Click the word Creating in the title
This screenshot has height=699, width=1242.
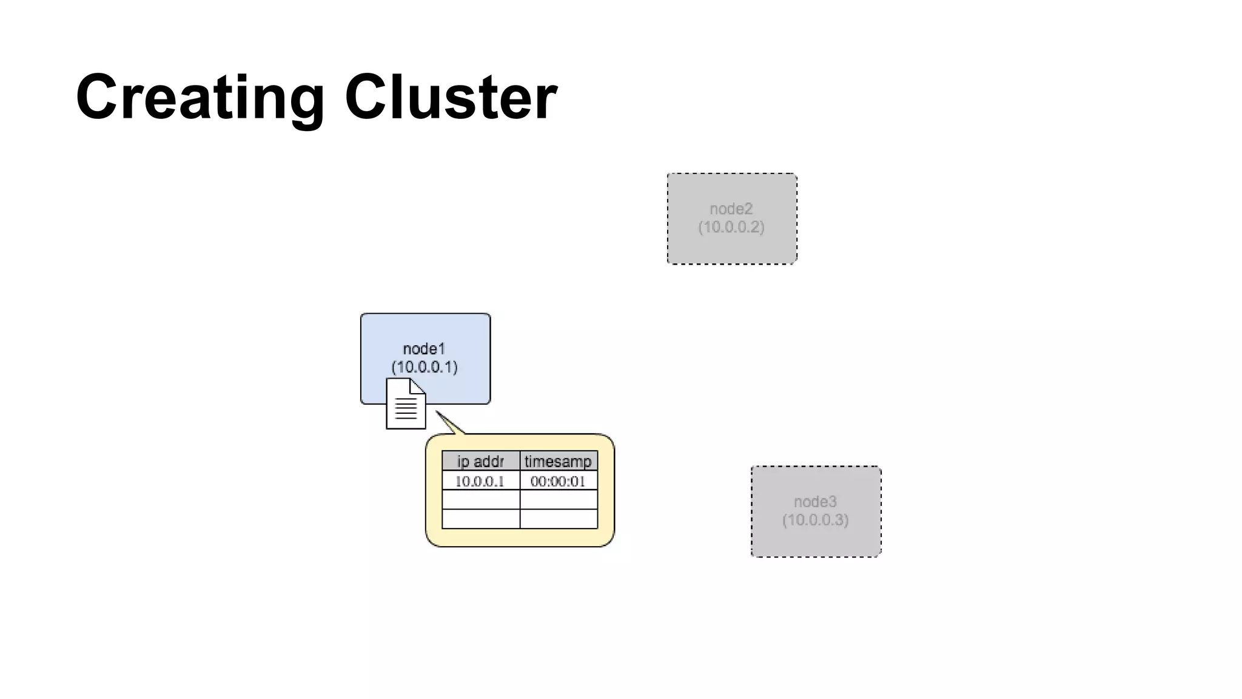tap(200, 97)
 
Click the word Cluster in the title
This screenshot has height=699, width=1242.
tap(451, 97)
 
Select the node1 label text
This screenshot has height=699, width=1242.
tap(424, 349)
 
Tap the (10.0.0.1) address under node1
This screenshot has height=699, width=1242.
tap(425, 367)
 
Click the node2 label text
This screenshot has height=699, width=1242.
tap(731, 209)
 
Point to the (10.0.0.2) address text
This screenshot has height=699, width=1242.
tap(731, 227)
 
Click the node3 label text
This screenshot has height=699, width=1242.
tap(815, 502)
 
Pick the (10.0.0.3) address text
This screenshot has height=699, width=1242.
tap(815, 520)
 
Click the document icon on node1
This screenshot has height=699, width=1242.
tap(405, 405)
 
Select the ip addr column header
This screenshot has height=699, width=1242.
tap(480, 461)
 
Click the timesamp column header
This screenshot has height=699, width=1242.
tap(558, 461)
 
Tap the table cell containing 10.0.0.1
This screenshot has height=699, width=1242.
tap(480, 481)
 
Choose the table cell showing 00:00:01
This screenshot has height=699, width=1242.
tap(558, 481)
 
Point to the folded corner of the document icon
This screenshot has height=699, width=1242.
tap(418, 386)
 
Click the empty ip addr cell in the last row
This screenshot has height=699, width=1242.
tap(480, 519)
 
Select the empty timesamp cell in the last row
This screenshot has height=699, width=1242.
tap(558, 519)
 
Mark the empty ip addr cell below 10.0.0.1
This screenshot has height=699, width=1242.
tap(480, 500)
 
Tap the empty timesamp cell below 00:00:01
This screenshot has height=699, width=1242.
tap(558, 500)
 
